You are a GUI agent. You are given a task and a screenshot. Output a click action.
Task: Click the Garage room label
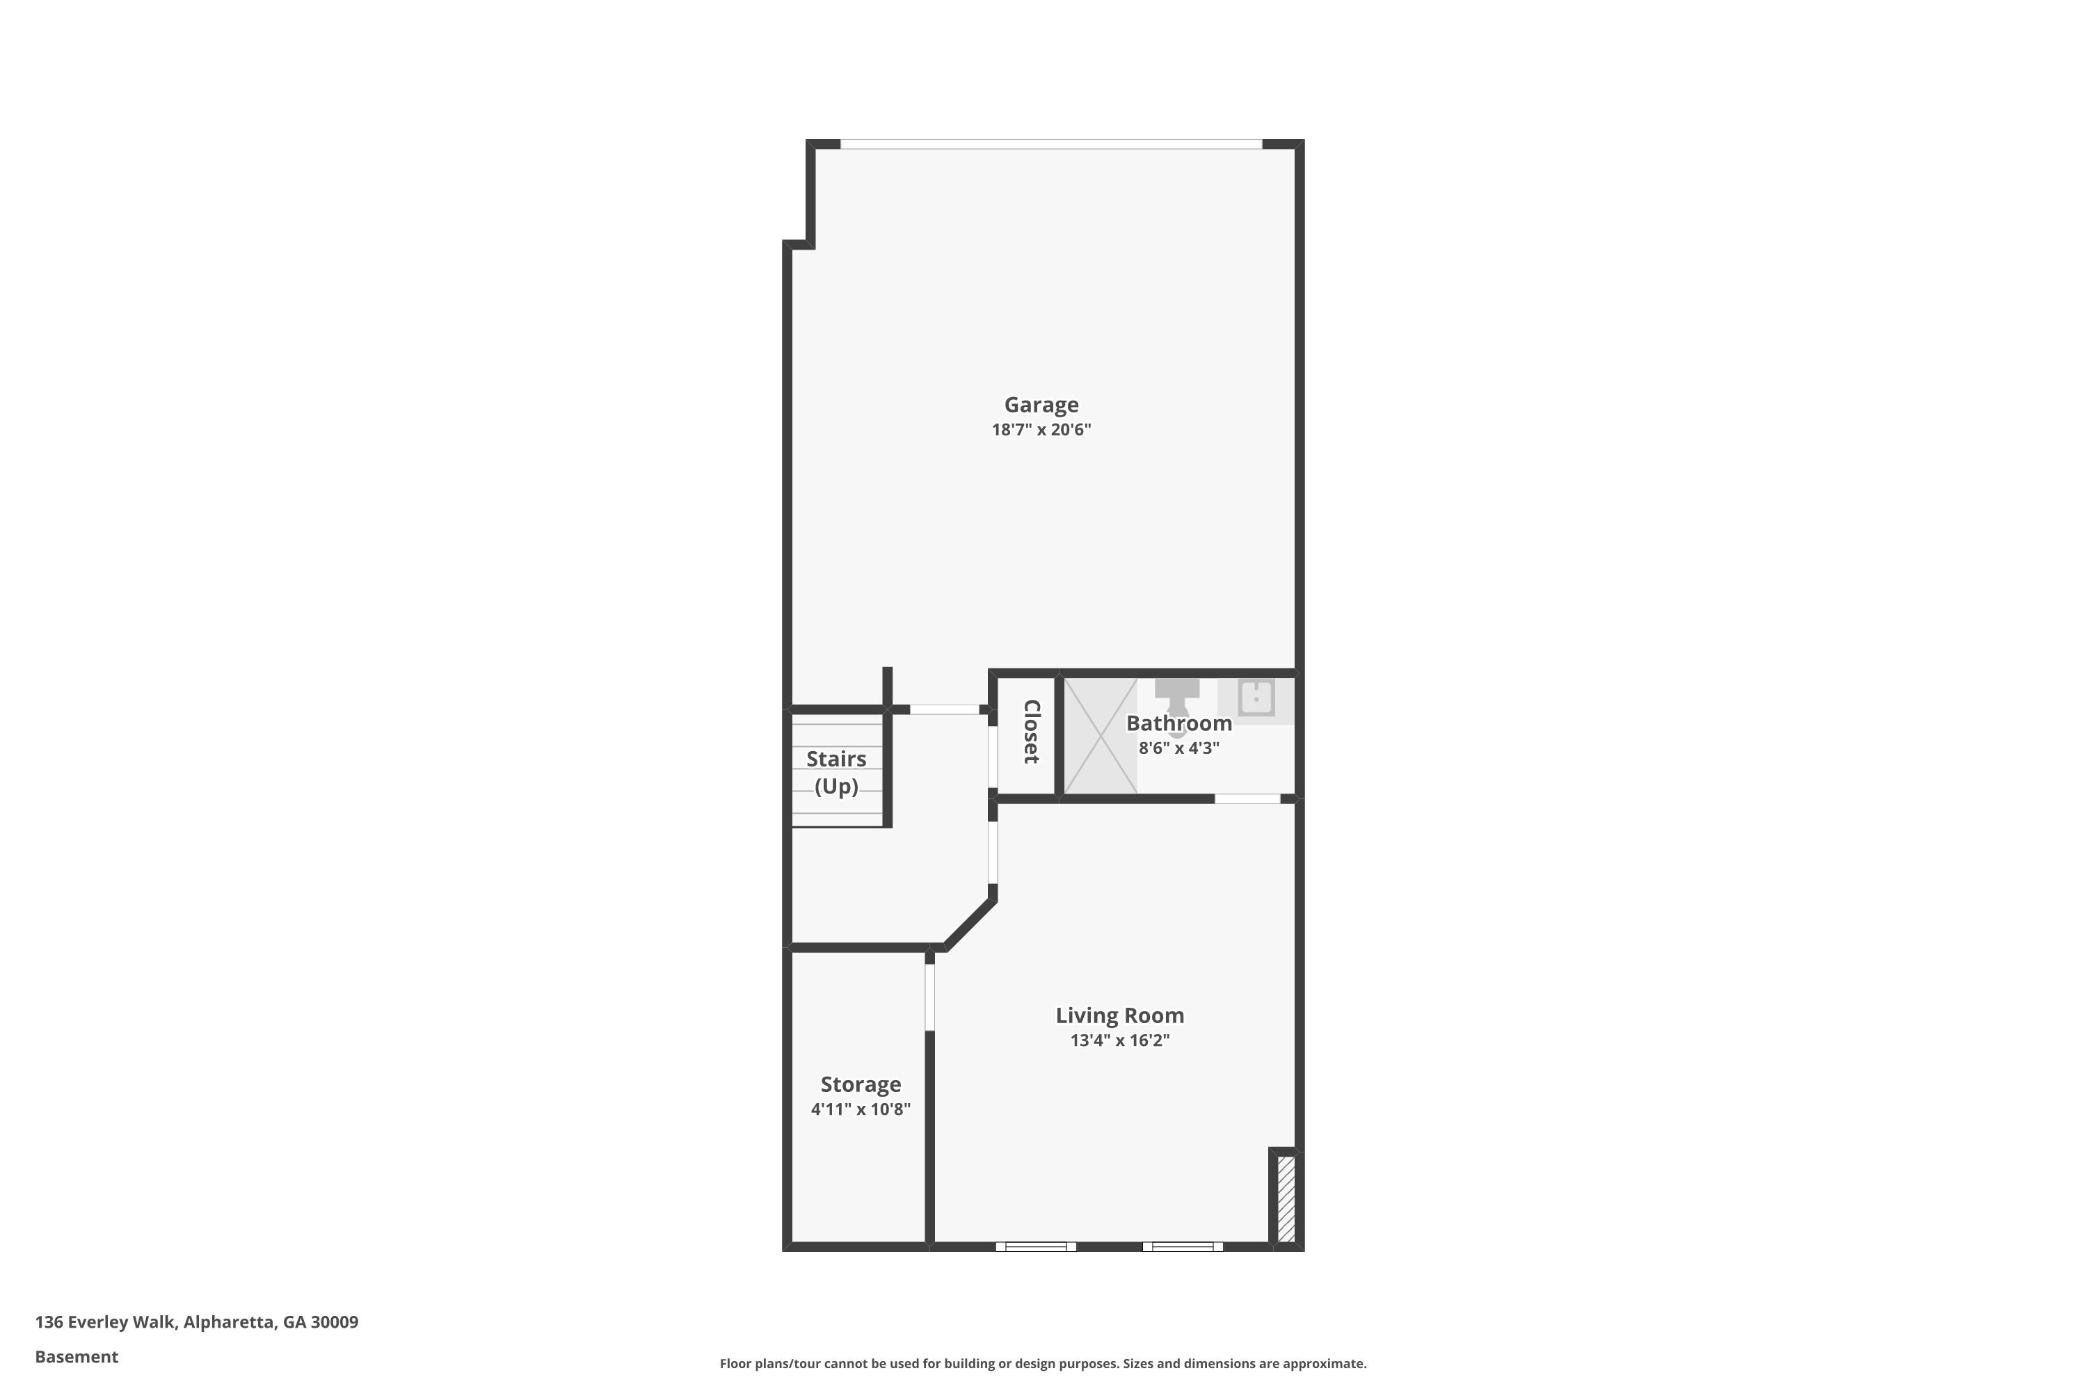(x=1041, y=405)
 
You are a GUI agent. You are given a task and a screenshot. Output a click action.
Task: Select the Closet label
(x=1031, y=732)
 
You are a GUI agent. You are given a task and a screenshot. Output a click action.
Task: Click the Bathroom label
(x=1178, y=723)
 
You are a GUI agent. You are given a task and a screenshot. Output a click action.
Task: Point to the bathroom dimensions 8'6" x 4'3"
(x=1178, y=748)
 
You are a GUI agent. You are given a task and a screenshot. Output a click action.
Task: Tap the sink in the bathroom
(x=1256, y=698)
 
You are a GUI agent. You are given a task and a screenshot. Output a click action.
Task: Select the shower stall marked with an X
(x=1101, y=735)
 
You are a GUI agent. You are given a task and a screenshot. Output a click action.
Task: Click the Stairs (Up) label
(x=836, y=773)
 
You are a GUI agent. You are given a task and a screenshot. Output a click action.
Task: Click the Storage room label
(x=861, y=1084)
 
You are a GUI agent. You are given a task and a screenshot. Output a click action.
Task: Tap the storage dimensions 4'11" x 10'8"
(x=861, y=1109)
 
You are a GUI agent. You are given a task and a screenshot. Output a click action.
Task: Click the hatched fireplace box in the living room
(x=1286, y=1198)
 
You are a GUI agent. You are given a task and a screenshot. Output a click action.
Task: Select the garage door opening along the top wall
(x=1050, y=144)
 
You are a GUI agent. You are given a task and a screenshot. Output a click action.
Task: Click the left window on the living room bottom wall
(x=1036, y=1246)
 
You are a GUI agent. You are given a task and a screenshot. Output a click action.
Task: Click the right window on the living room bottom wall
(x=1182, y=1246)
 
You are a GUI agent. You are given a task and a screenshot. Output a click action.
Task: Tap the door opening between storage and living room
(x=930, y=997)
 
